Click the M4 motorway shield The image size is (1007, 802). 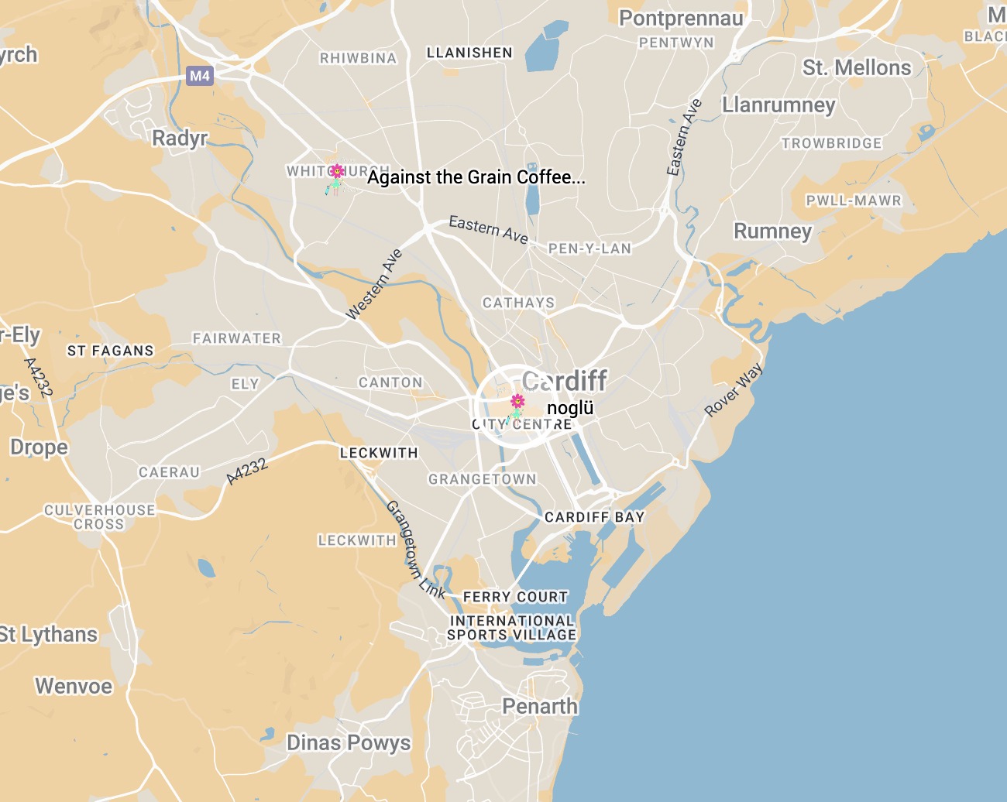pos(200,76)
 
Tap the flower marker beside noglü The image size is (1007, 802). pos(517,402)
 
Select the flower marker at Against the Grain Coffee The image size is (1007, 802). pos(337,172)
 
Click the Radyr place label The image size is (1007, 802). pos(180,139)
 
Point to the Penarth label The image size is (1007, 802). pos(540,706)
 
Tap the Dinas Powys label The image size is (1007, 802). pos(349,742)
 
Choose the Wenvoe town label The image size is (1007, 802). pos(74,686)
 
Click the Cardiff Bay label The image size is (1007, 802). pos(594,517)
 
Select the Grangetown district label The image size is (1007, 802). pos(482,479)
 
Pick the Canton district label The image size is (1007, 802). pos(390,382)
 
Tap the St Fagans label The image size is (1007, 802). pos(110,351)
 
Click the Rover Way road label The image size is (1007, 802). pos(733,390)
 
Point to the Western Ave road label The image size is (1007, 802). pos(374,285)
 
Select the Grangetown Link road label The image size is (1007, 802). pos(415,550)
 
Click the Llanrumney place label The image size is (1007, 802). pos(778,105)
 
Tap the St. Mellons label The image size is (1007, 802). pos(857,68)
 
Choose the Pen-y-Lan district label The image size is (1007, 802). pos(589,248)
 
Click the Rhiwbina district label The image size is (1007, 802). pos(358,58)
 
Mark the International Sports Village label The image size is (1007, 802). pos(512,628)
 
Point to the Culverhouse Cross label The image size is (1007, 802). pos(99,516)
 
